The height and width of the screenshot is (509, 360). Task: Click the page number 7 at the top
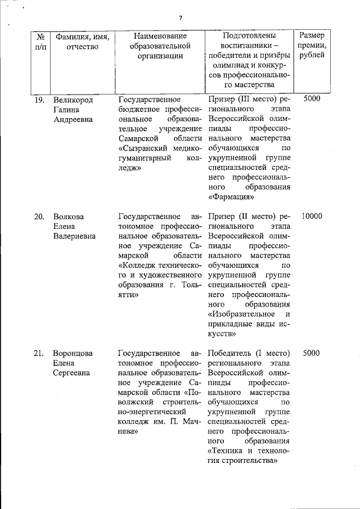tap(181, 18)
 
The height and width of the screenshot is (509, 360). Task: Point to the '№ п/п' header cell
tap(40, 41)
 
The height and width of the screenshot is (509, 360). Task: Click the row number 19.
tap(39, 100)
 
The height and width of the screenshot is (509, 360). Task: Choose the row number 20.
tap(39, 217)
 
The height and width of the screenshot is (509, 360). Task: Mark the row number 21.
tap(39, 353)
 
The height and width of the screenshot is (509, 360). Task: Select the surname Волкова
tap(67, 217)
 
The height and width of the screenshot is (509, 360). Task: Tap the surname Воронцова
tap(73, 353)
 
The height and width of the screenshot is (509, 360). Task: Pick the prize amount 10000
tap(312, 217)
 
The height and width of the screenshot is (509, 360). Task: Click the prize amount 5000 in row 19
tap(311, 99)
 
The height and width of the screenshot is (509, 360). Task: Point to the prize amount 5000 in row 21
tap(311, 353)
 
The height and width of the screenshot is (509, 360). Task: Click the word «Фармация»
tap(231, 197)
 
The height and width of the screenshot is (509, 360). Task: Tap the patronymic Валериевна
tap(74, 236)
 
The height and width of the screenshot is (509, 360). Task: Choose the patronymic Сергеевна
tap(73, 373)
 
